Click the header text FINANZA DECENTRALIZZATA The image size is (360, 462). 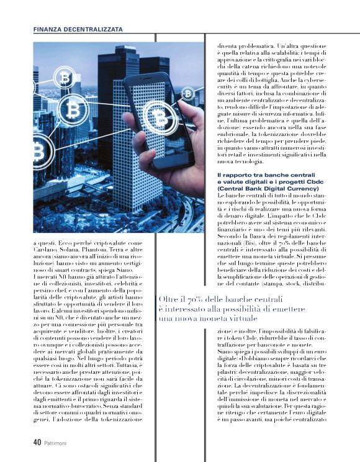(x=78, y=29)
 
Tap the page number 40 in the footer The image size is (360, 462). (x=37, y=443)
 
